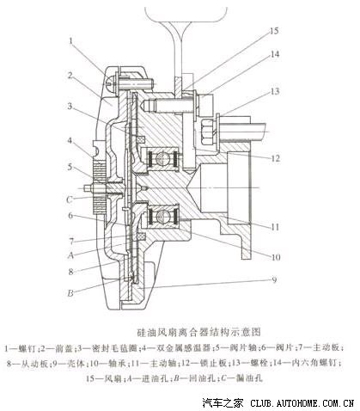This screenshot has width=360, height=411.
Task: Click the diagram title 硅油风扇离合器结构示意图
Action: coord(180,330)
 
